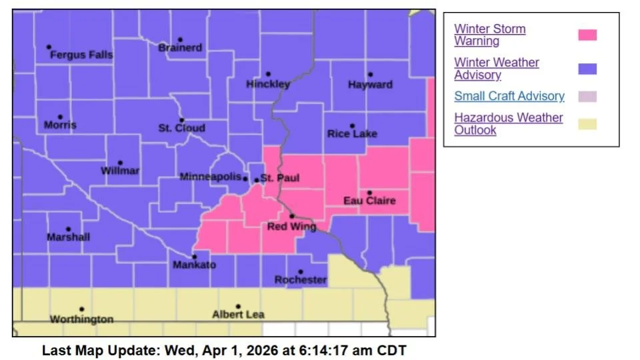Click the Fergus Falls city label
[81, 55]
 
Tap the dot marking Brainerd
[180, 40]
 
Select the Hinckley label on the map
[268, 85]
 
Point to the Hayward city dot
[371, 75]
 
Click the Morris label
[60, 125]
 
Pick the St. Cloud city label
[181, 128]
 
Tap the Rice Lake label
[352, 134]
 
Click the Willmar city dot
[121, 163]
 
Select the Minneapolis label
[210, 177]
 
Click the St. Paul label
[279, 178]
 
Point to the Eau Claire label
[369, 201]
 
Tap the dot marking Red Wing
[292, 216]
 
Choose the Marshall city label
[68, 237]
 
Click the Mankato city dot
[195, 257]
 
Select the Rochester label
[301, 280]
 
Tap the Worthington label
[81, 319]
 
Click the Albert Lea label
[238, 315]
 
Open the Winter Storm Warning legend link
[489, 35]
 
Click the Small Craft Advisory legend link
[509, 96]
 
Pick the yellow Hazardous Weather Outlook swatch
[587, 124]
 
